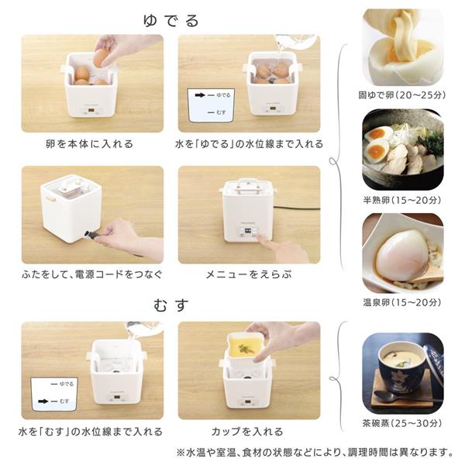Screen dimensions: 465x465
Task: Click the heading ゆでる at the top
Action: [172, 19]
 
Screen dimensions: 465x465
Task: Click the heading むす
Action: [172, 305]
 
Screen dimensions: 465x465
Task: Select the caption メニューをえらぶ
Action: [248, 274]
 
